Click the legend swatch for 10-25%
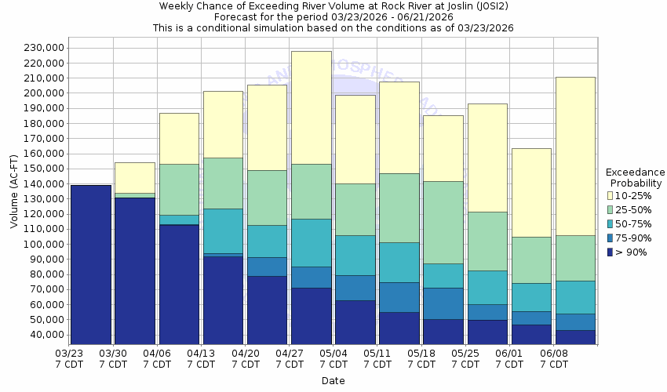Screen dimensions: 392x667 [x=611, y=195]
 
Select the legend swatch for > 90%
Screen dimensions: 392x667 [x=611, y=252]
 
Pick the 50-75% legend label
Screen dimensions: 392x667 [x=632, y=223]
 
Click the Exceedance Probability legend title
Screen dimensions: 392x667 [x=635, y=177]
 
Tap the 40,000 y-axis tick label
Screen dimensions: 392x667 [x=45, y=335]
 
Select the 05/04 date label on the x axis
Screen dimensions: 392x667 [x=334, y=358]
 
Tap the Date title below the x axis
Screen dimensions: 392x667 [x=333, y=381]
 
